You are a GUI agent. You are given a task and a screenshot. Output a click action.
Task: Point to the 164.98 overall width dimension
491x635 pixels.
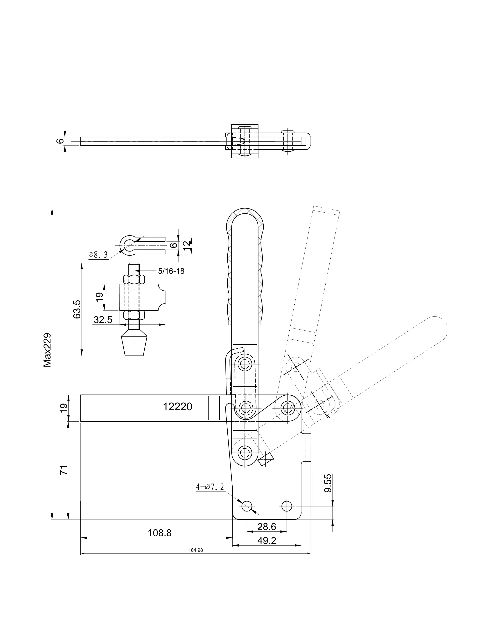point(195,550)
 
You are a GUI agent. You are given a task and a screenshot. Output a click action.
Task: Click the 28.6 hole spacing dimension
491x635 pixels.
point(267,526)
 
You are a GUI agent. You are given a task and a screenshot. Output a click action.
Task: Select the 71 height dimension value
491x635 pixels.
point(64,470)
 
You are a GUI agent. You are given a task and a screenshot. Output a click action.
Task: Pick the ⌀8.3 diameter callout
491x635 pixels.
point(98,255)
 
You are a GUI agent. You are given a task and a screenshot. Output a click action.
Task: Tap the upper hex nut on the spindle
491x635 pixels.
point(134,280)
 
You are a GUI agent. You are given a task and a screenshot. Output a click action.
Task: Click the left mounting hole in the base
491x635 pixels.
point(247,506)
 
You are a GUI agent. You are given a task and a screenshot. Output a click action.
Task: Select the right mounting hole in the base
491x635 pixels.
point(287,506)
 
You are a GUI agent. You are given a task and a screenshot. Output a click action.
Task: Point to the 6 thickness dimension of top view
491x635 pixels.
point(60,141)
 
